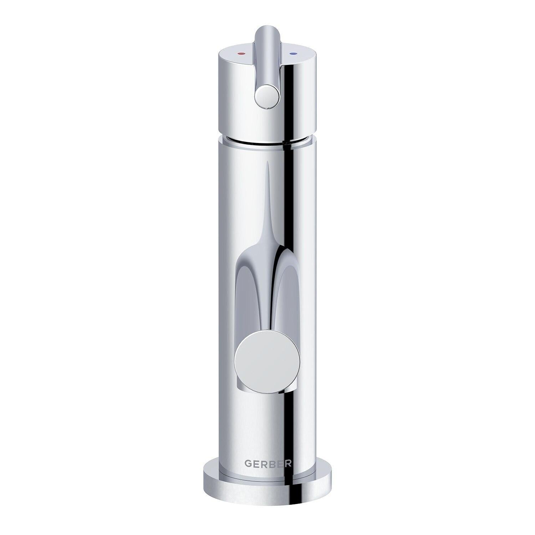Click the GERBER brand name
click(x=268, y=463)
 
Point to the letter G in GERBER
click(x=248, y=463)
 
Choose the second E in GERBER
click(x=280, y=463)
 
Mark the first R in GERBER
click(x=264, y=463)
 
